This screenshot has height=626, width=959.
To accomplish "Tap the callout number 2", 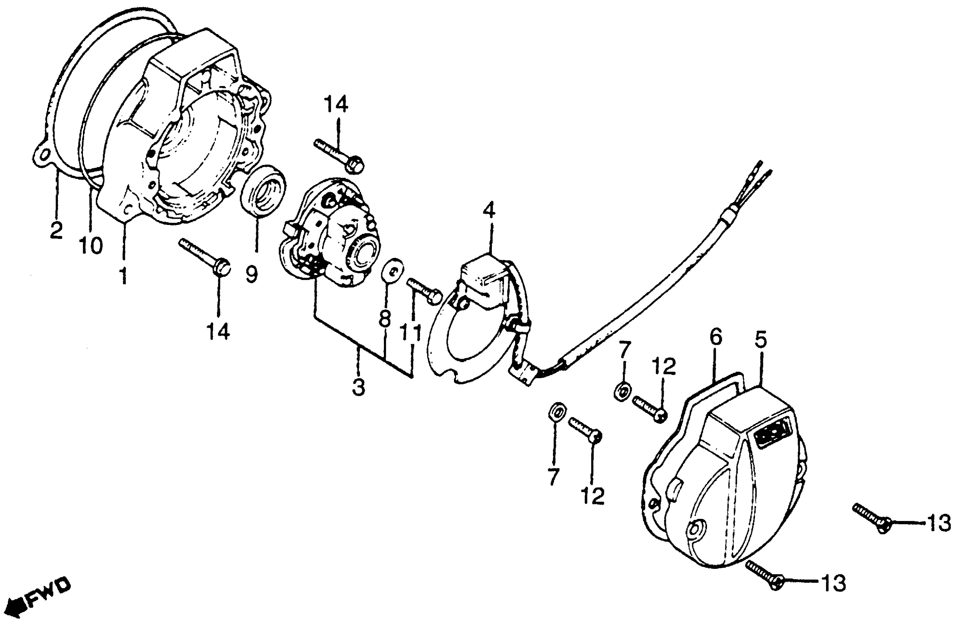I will click(x=56, y=230).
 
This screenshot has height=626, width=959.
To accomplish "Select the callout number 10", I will click(x=91, y=245).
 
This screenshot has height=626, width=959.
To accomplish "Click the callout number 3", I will click(x=358, y=387).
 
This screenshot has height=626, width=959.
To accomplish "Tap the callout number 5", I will click(x=760, y=340).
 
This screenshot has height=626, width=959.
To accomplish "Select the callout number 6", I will click(x=715, y=338).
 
